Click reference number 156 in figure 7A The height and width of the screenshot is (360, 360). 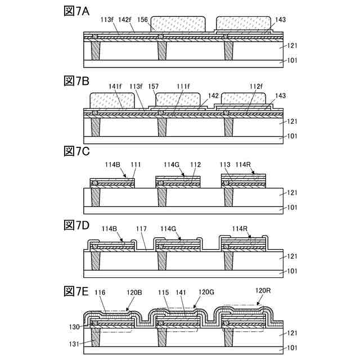142,20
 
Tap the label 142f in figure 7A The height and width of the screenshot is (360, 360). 125,20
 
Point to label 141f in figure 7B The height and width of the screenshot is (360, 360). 116,86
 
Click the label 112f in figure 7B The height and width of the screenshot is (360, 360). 256,86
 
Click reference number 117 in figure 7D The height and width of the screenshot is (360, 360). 142,229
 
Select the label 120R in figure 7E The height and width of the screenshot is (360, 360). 263,291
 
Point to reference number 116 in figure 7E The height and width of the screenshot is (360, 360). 101,293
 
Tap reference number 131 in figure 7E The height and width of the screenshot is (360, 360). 74,341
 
